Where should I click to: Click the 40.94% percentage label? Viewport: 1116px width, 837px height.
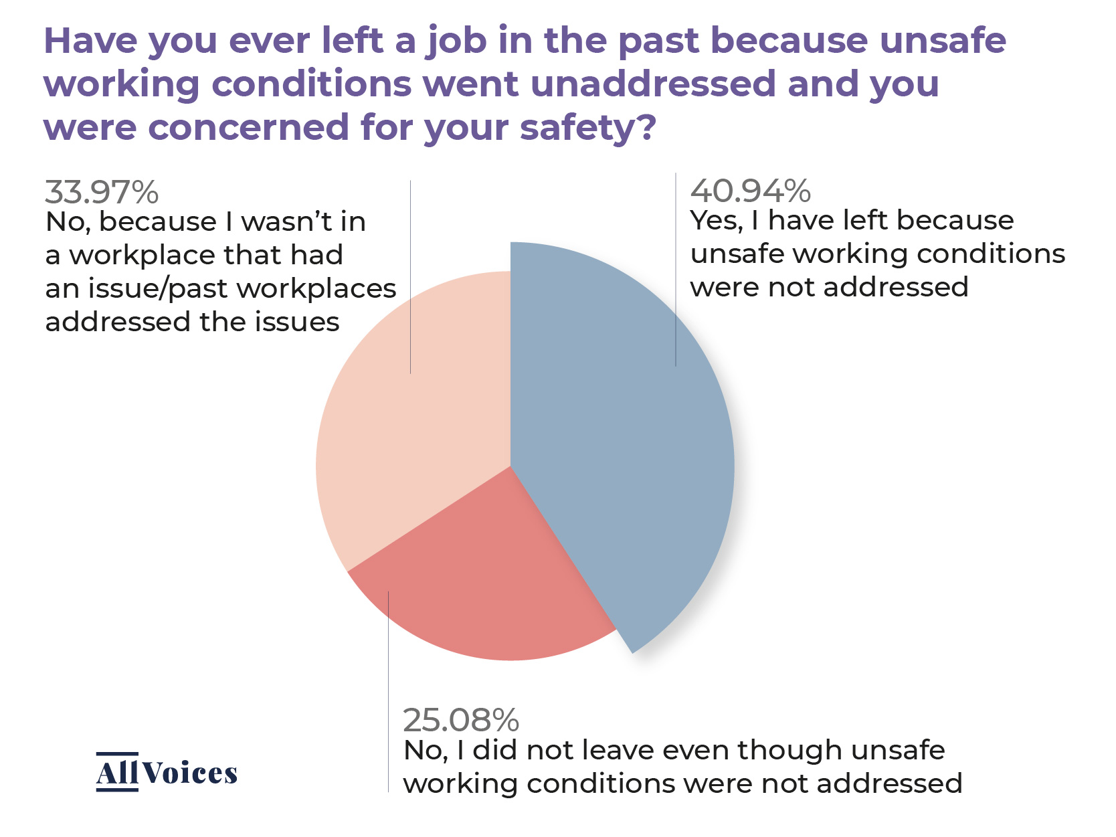point(750,191)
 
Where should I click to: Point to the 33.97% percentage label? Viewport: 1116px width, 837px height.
point(102,193)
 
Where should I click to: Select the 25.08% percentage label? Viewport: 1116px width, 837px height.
point(461,721)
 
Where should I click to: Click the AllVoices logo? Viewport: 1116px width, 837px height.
point(167,773)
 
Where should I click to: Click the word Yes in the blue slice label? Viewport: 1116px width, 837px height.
point(715,221)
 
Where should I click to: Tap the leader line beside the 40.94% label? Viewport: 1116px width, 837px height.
point(676,268)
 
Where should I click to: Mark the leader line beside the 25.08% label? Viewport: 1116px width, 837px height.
point(388,689)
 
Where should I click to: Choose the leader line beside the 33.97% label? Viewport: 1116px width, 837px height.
point(410,274)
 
